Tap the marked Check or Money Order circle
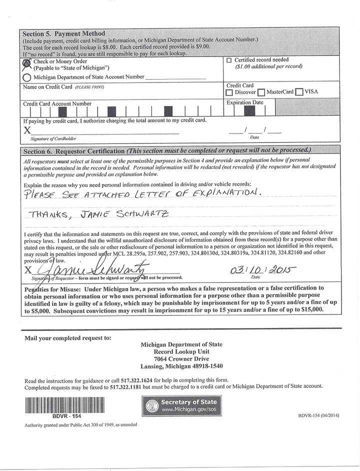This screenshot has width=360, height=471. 26,63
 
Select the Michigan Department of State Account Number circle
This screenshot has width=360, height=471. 26,77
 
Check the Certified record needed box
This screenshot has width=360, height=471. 229,60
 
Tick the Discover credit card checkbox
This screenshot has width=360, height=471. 229,92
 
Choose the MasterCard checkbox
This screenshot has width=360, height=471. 261,92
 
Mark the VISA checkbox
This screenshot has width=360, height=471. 299,92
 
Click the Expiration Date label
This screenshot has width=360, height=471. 245,102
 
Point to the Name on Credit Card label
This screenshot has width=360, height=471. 47,87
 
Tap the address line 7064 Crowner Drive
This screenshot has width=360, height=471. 181,359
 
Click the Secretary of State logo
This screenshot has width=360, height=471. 181,405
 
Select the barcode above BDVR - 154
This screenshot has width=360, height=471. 52,404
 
